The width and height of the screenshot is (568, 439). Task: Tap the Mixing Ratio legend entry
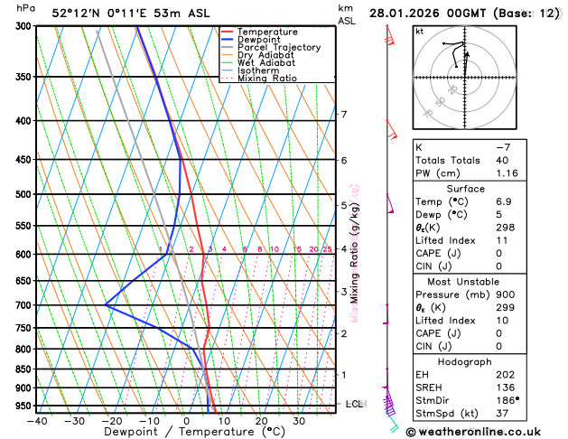(266, 79)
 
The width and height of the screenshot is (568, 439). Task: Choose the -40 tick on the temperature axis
(37, 421)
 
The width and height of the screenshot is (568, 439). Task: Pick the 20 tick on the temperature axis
(261, 421)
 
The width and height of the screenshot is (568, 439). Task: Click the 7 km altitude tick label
(344, 115)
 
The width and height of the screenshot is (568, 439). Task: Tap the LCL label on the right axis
(355, 404)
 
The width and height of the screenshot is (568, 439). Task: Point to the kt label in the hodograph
(419, 32)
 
